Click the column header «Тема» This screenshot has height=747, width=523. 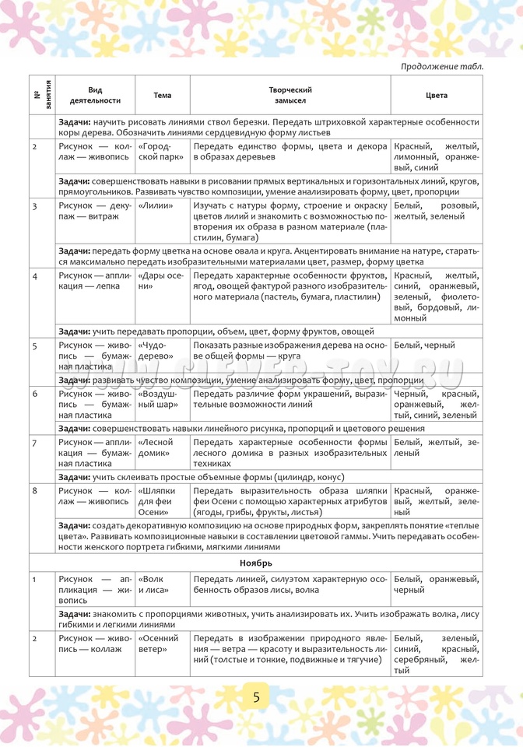click(163, 96)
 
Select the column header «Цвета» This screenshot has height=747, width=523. click(437, 96)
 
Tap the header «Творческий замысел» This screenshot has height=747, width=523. click(290, 96)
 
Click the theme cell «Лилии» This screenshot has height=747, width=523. click(153, 205)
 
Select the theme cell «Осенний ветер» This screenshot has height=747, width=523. click(159, 644)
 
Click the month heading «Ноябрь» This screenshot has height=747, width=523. click(256, 563)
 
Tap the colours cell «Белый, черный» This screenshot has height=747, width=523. click(425, 345)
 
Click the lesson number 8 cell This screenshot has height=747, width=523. click(35, 492)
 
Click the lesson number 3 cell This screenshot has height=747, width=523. click(35, 205)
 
